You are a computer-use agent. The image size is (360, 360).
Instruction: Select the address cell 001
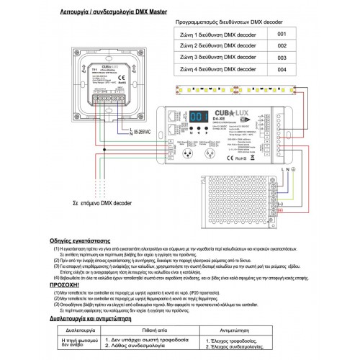pos(282,34)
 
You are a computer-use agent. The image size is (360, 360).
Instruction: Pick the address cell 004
pos(282,68)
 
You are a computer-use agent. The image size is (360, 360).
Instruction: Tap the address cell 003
pos(282,57)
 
